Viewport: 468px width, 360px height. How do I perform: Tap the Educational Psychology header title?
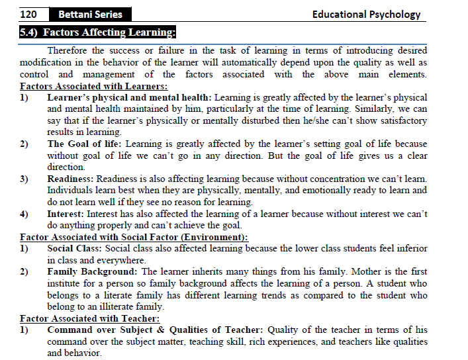(366, 14)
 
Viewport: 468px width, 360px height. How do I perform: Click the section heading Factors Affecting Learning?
(98, 32)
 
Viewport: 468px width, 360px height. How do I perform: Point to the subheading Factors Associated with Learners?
(93, 86)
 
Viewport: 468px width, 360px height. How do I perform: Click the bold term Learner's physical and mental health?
(129, 97)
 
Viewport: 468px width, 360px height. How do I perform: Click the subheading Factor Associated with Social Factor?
(134, 237)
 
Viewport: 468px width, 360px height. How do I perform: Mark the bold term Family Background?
(92, 271)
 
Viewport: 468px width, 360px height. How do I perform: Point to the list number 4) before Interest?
(24, 214)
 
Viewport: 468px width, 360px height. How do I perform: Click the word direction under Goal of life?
(66, 167)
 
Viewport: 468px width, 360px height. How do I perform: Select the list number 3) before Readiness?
(24, 179)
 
